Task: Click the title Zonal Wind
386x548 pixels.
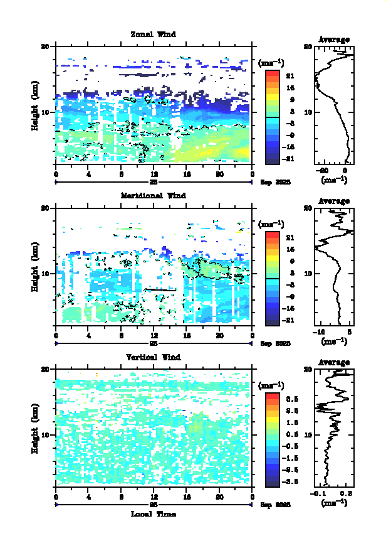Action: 153,34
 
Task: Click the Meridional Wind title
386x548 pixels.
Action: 153,195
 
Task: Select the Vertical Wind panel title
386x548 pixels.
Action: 153,357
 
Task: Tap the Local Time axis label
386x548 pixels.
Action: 153,514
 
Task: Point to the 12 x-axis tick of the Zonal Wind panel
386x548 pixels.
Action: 154,175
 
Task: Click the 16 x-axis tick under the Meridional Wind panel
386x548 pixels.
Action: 187,336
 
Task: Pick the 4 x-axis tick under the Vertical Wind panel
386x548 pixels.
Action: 89,497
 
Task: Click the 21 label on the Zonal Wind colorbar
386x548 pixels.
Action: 290,77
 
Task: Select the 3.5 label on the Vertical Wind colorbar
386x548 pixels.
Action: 291,399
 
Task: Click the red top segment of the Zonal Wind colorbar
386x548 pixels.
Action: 272,73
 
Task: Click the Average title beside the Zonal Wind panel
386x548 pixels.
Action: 334,40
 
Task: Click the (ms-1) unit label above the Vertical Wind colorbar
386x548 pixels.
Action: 271,385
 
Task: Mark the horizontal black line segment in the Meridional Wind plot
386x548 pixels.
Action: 160,289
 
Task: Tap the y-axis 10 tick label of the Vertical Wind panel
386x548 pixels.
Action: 45,434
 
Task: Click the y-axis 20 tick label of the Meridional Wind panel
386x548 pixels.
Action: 45,208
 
